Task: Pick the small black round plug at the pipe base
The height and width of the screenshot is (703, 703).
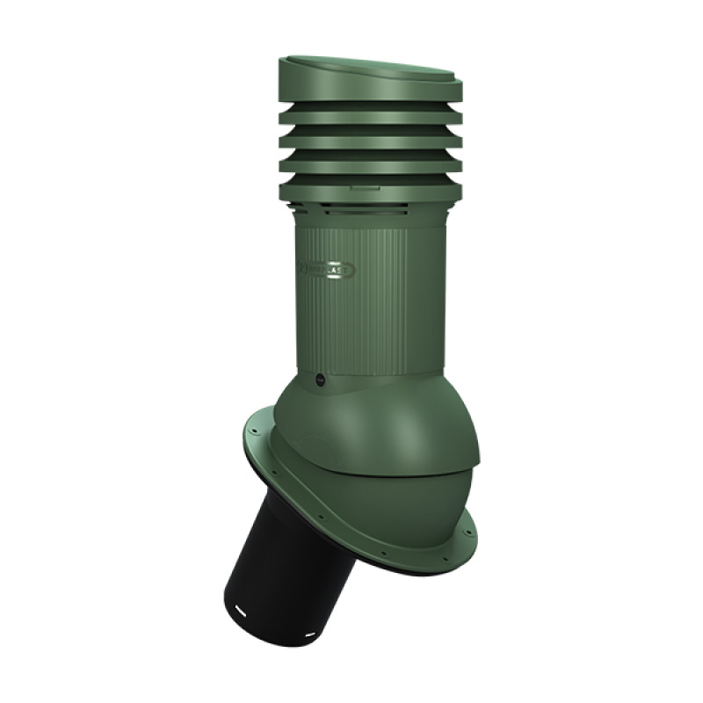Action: (x=319, y=380)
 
